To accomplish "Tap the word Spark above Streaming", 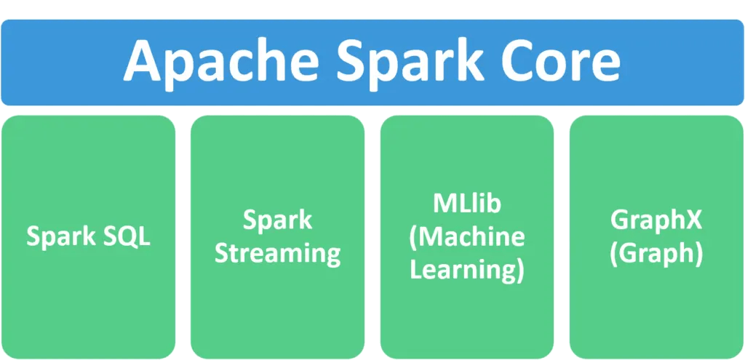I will point(277,220).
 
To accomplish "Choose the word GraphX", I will point(656,220).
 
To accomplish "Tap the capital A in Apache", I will point(142,62).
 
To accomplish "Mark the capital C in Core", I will point(522,62).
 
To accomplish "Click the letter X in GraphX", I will point(695,220).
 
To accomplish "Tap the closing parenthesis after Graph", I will point(698,255).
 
